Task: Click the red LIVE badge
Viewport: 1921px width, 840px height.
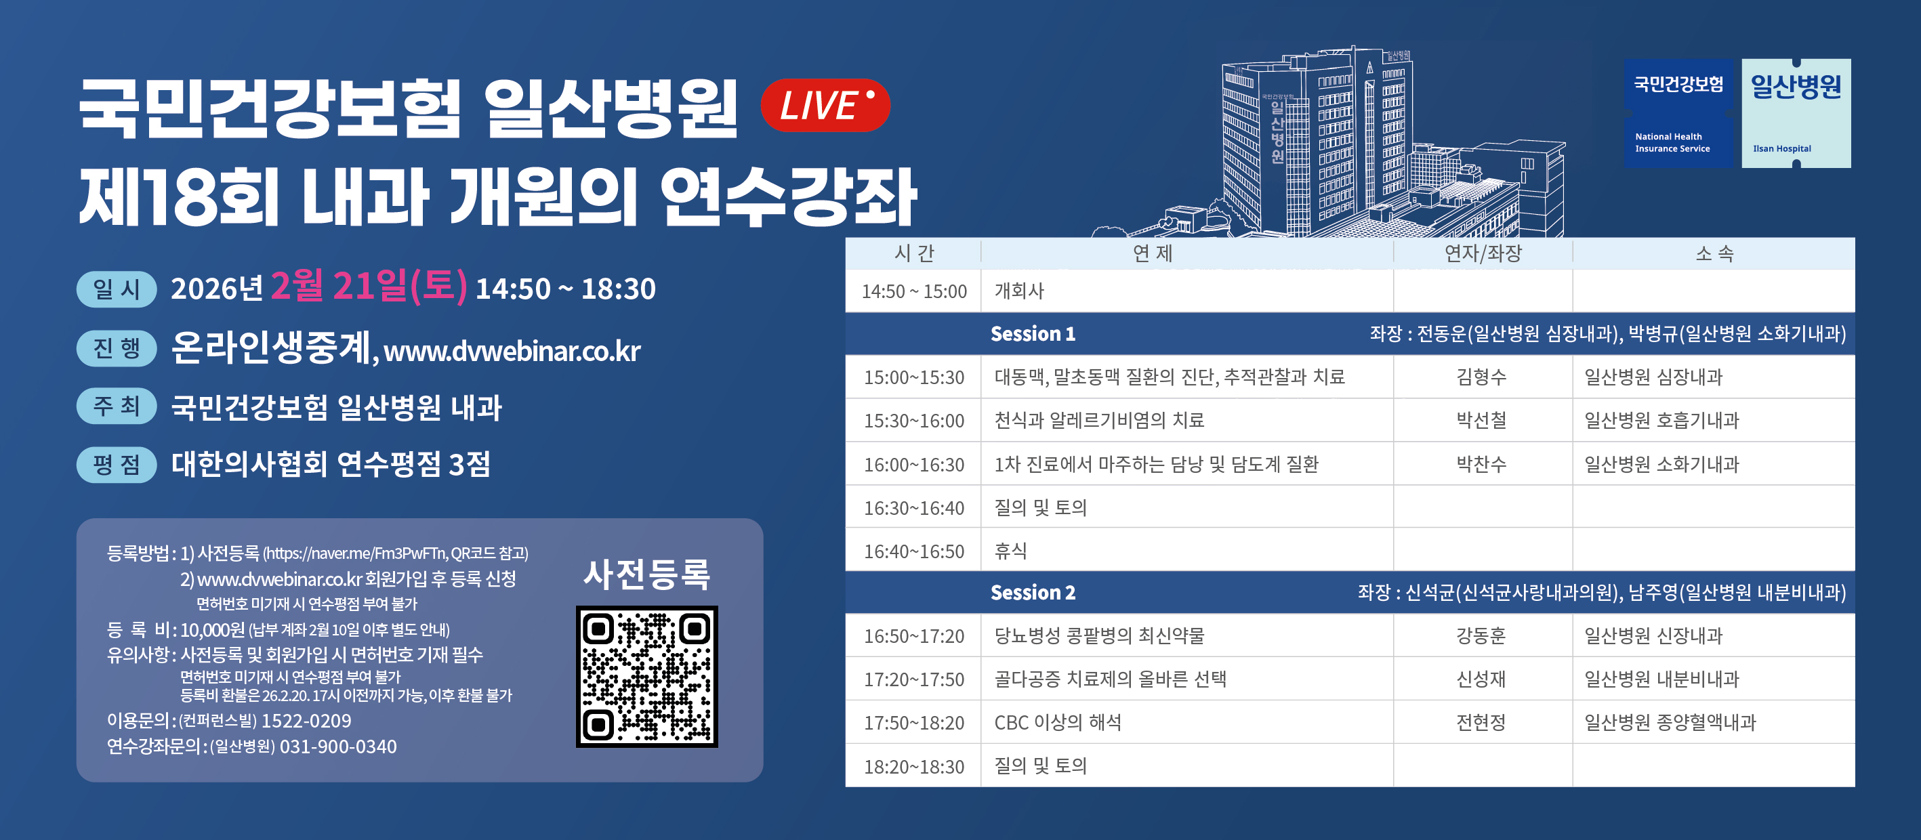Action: (x=825, y=105)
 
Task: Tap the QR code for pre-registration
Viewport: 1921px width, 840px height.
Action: (x=646, y=676)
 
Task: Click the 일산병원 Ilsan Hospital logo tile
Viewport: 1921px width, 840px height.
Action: (x=1796, y=113)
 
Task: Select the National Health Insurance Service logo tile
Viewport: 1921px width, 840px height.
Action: (x=1678, y=113)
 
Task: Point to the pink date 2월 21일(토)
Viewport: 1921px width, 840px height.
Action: (x=369, y=287)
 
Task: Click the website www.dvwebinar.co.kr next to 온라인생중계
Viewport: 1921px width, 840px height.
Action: (x=512, y=351)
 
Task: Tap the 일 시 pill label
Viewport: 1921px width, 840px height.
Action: (x=117, y=289)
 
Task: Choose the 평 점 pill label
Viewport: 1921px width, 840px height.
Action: (x=117, y=464)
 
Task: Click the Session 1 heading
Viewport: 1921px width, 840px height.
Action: (x=1033, y=334)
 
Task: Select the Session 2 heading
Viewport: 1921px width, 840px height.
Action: (x=1033, y=593)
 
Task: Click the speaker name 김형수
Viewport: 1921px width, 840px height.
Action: (x=1481, y=377)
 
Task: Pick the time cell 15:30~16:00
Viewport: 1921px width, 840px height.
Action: (x=914, y=421)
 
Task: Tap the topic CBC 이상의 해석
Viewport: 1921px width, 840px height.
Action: (x=1058, y=722)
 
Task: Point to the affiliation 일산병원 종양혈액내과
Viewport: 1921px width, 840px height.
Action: (x=1670, y=722)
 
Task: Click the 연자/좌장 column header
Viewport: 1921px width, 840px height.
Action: (x=1483, y=253)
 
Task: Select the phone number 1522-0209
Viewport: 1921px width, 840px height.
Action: (x=306, y=721)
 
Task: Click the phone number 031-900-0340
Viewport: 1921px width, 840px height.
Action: (x=338, y=746)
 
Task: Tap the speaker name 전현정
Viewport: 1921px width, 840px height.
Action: (x=1481, y=722)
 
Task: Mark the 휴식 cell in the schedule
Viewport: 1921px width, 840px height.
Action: (x=1010, y=551)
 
